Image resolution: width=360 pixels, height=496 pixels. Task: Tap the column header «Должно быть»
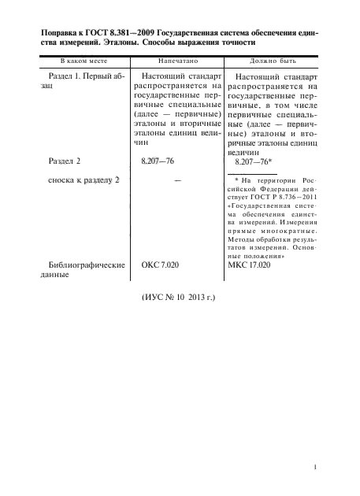click(271, 60)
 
